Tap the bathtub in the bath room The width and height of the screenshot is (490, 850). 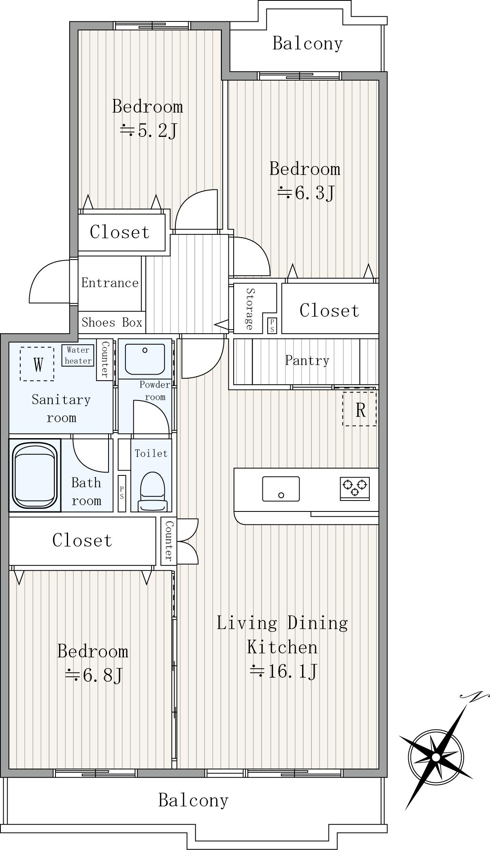(x=35, y=475)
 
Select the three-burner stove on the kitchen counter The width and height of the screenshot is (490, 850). (x=355, y=488)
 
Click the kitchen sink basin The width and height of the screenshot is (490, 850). (x=281, y=489)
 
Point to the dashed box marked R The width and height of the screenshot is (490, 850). (x=360, y=408)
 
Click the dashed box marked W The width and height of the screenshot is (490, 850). (x=37, y=364)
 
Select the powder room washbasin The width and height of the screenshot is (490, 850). (x=145, y=359)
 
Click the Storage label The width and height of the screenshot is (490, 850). (x=249, y=309)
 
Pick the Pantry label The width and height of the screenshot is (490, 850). (x=307, y=360)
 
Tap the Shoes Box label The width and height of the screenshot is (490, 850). (x=112, y=322)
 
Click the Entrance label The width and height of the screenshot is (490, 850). (x=110, y=283)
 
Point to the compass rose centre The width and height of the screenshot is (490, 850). (x=436, y=757)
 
